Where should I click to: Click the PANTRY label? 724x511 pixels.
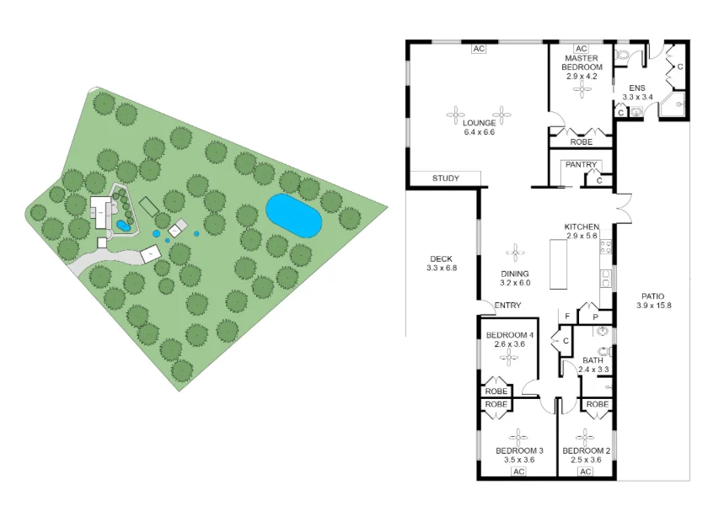coord(581,165)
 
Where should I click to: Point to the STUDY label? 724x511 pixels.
coord(445,178)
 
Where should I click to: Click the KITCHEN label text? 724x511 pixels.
coord(582,227)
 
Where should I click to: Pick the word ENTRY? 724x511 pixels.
coord(507,306)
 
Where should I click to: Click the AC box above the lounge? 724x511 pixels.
coord(479,49)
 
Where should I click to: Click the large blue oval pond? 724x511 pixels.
coord(293,216)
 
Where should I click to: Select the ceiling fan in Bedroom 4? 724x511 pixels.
coord(508,357)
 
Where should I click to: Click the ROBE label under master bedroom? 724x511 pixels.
coord(582,142)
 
